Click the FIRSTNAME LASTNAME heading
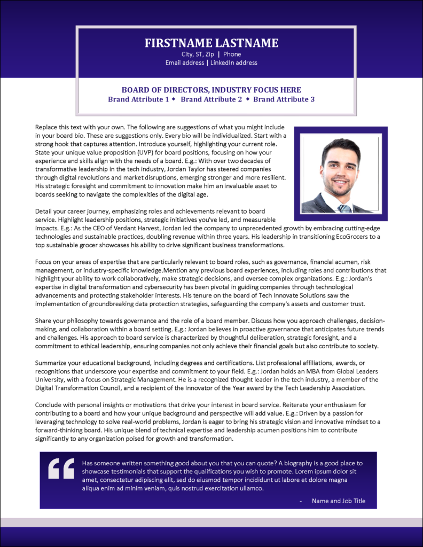pyautogui.click(x=211, y=43)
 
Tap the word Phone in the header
pyautogui.click(x=232, y=54)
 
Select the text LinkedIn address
pyautogui.click(x=233, y=63)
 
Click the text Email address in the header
pyautogui.click(x=185, y=63)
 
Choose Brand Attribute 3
pyautogui.click(x=284, y=99)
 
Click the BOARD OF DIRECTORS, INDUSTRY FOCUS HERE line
pyautogui.click(x=211, y=90)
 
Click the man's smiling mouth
pyautogui.click(x=340, y=181)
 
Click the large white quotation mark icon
pyautogui.click(x=61, y=468)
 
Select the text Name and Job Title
pyautogui.click(x=339, y=501)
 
